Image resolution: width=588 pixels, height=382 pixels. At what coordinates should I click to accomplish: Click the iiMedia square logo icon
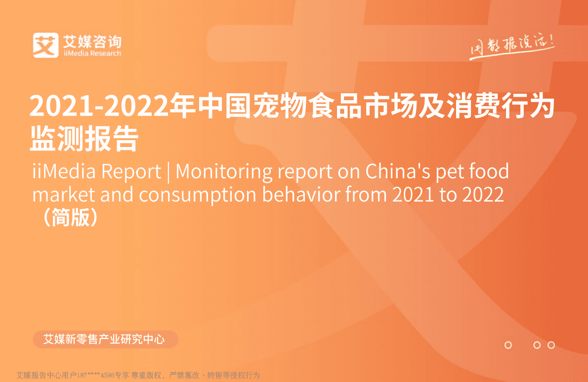pyautogui.click(x=45, y=45)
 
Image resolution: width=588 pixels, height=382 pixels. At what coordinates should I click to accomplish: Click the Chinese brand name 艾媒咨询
pyautogui.click(x=92, y=40)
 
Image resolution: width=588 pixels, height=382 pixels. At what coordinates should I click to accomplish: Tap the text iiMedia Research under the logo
pyautogui.click(x=92, y=53)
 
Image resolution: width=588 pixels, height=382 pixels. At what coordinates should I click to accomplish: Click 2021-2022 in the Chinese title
pyautogui.click(x=97, y=107)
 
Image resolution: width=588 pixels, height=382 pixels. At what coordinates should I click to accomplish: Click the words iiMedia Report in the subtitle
pyautogui.click(x=96, y=172)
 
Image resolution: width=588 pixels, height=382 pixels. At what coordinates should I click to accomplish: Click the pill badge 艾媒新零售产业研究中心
pyautogui.click(x=104, y=340)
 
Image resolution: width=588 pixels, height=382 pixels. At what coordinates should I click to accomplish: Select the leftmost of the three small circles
pyautogui.click(x=508, y=345)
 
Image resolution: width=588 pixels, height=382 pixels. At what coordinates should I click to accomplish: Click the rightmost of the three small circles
pyautogui.click(x=551, y=345)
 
